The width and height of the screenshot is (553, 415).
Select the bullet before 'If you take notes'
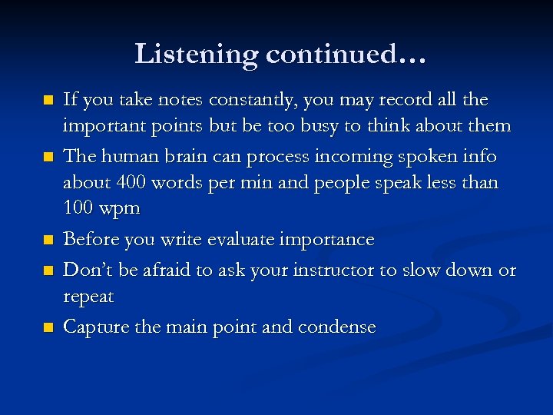[x=48, y=101]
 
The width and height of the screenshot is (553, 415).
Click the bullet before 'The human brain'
[x=48, y=158]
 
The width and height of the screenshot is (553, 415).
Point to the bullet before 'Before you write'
[x=48, y=241]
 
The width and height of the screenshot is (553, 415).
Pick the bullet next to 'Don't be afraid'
[x=48, y=271]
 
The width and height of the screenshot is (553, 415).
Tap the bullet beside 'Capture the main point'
[x=48, y=327]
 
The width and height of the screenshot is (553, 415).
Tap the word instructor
[x=358, y=270]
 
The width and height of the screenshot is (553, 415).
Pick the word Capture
[x=95, y=327]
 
